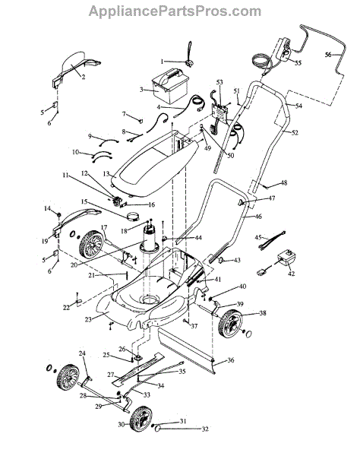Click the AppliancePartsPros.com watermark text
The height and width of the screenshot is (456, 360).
pos(175,11)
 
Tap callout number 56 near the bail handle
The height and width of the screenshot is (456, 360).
pos(328,55)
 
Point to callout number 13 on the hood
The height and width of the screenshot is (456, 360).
pos(106,173)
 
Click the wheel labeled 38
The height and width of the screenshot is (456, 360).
pos(232,324)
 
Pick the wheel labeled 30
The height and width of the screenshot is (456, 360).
pos(141,420)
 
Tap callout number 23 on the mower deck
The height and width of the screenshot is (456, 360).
pos(88,319)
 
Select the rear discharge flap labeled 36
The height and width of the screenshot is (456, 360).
pos(187,350)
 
